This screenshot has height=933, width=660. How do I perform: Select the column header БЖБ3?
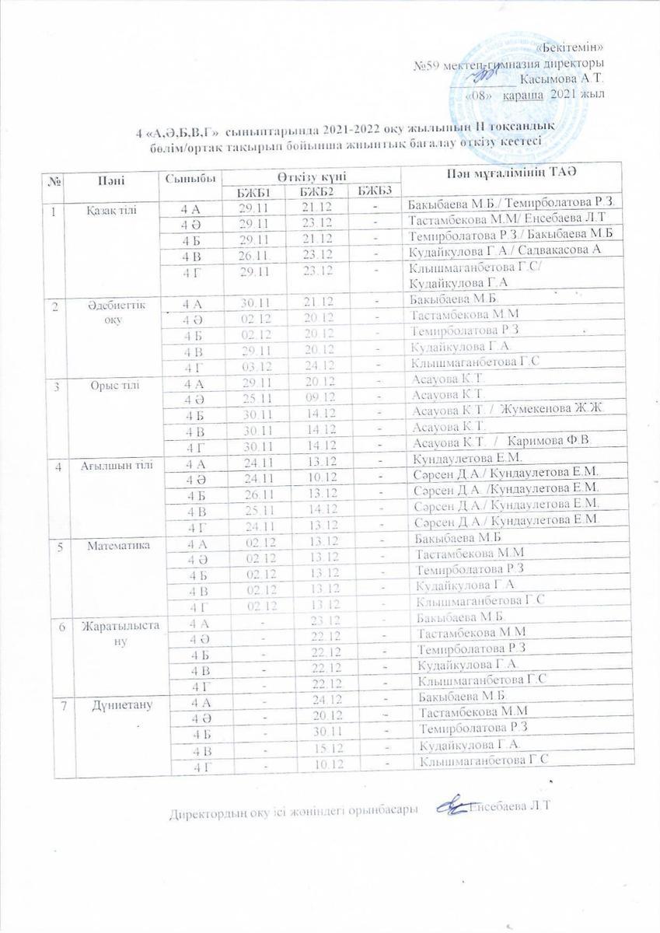(375, 191)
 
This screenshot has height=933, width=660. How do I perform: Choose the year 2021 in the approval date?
(565, 95)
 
